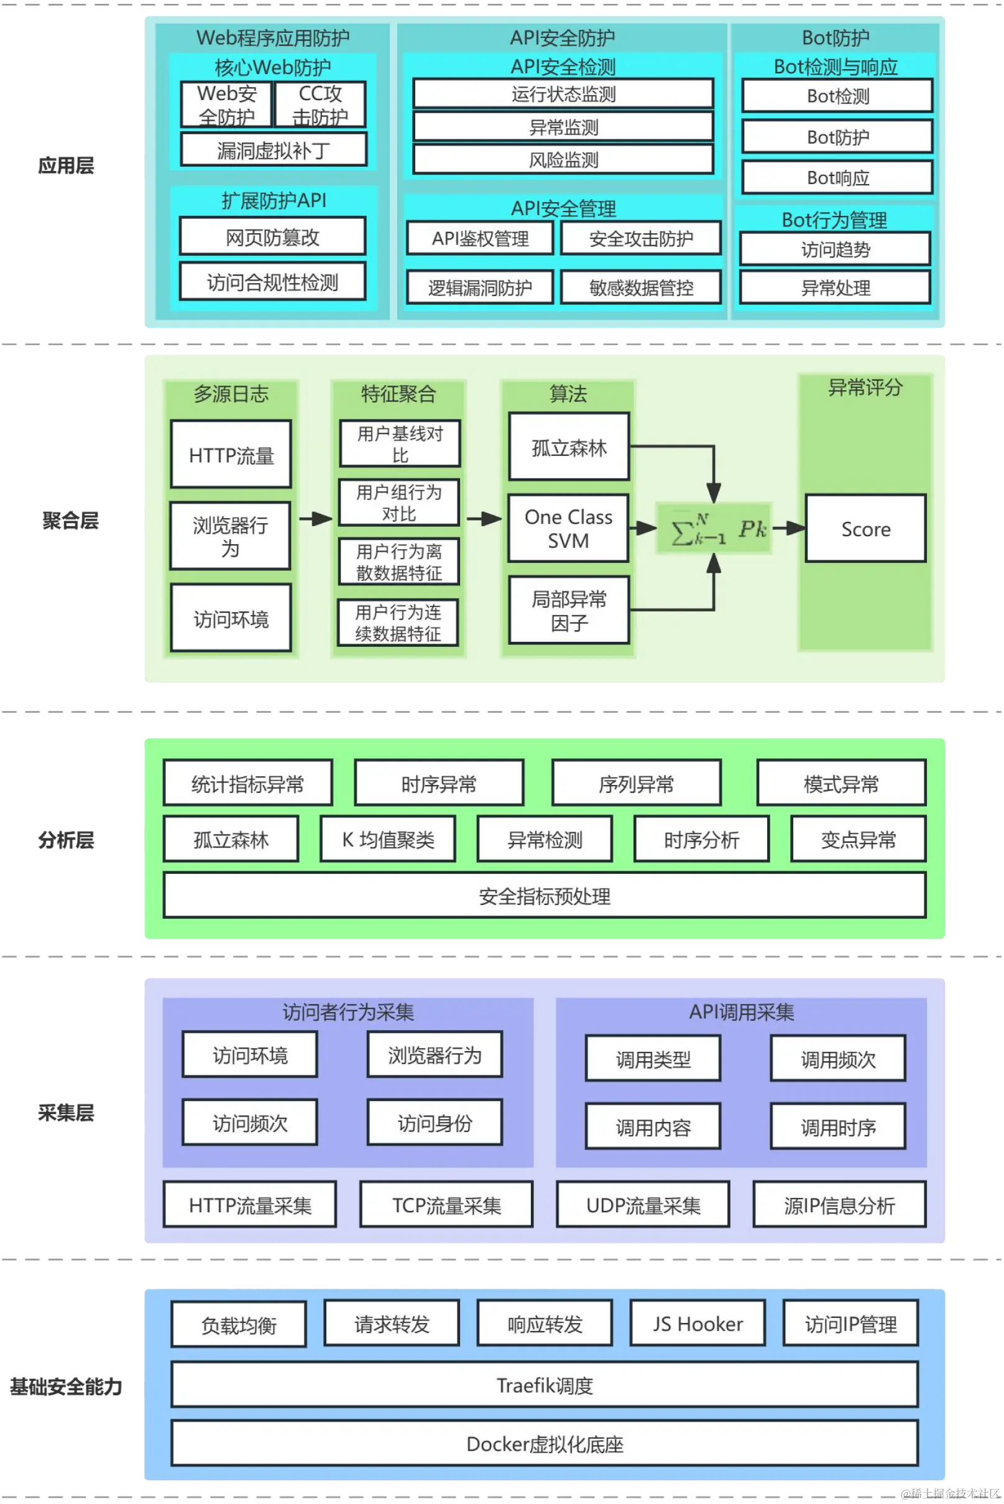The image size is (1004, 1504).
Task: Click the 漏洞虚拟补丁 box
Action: (274, 150)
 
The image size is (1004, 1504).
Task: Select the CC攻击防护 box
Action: (320, 104)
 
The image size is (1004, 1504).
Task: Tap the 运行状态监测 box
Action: (563, 94)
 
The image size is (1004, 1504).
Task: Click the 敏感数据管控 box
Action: (641, 287)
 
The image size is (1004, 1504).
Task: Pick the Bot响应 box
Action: (837, 177)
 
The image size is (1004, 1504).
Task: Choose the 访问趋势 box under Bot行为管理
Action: (835, 249)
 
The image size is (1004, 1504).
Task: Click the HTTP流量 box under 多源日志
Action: (231, 455)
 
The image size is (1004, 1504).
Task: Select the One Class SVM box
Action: (568, 529)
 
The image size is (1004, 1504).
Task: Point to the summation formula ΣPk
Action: (714, 529)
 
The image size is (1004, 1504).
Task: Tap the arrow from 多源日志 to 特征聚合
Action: (315, 519)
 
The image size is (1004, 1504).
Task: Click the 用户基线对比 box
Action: (400, 444)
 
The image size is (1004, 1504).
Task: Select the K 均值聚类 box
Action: (388, 839)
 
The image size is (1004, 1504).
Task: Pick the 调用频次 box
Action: (837, 1059)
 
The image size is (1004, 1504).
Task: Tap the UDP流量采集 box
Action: (643, 1205)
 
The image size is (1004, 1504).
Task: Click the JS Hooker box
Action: (698, 1324)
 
